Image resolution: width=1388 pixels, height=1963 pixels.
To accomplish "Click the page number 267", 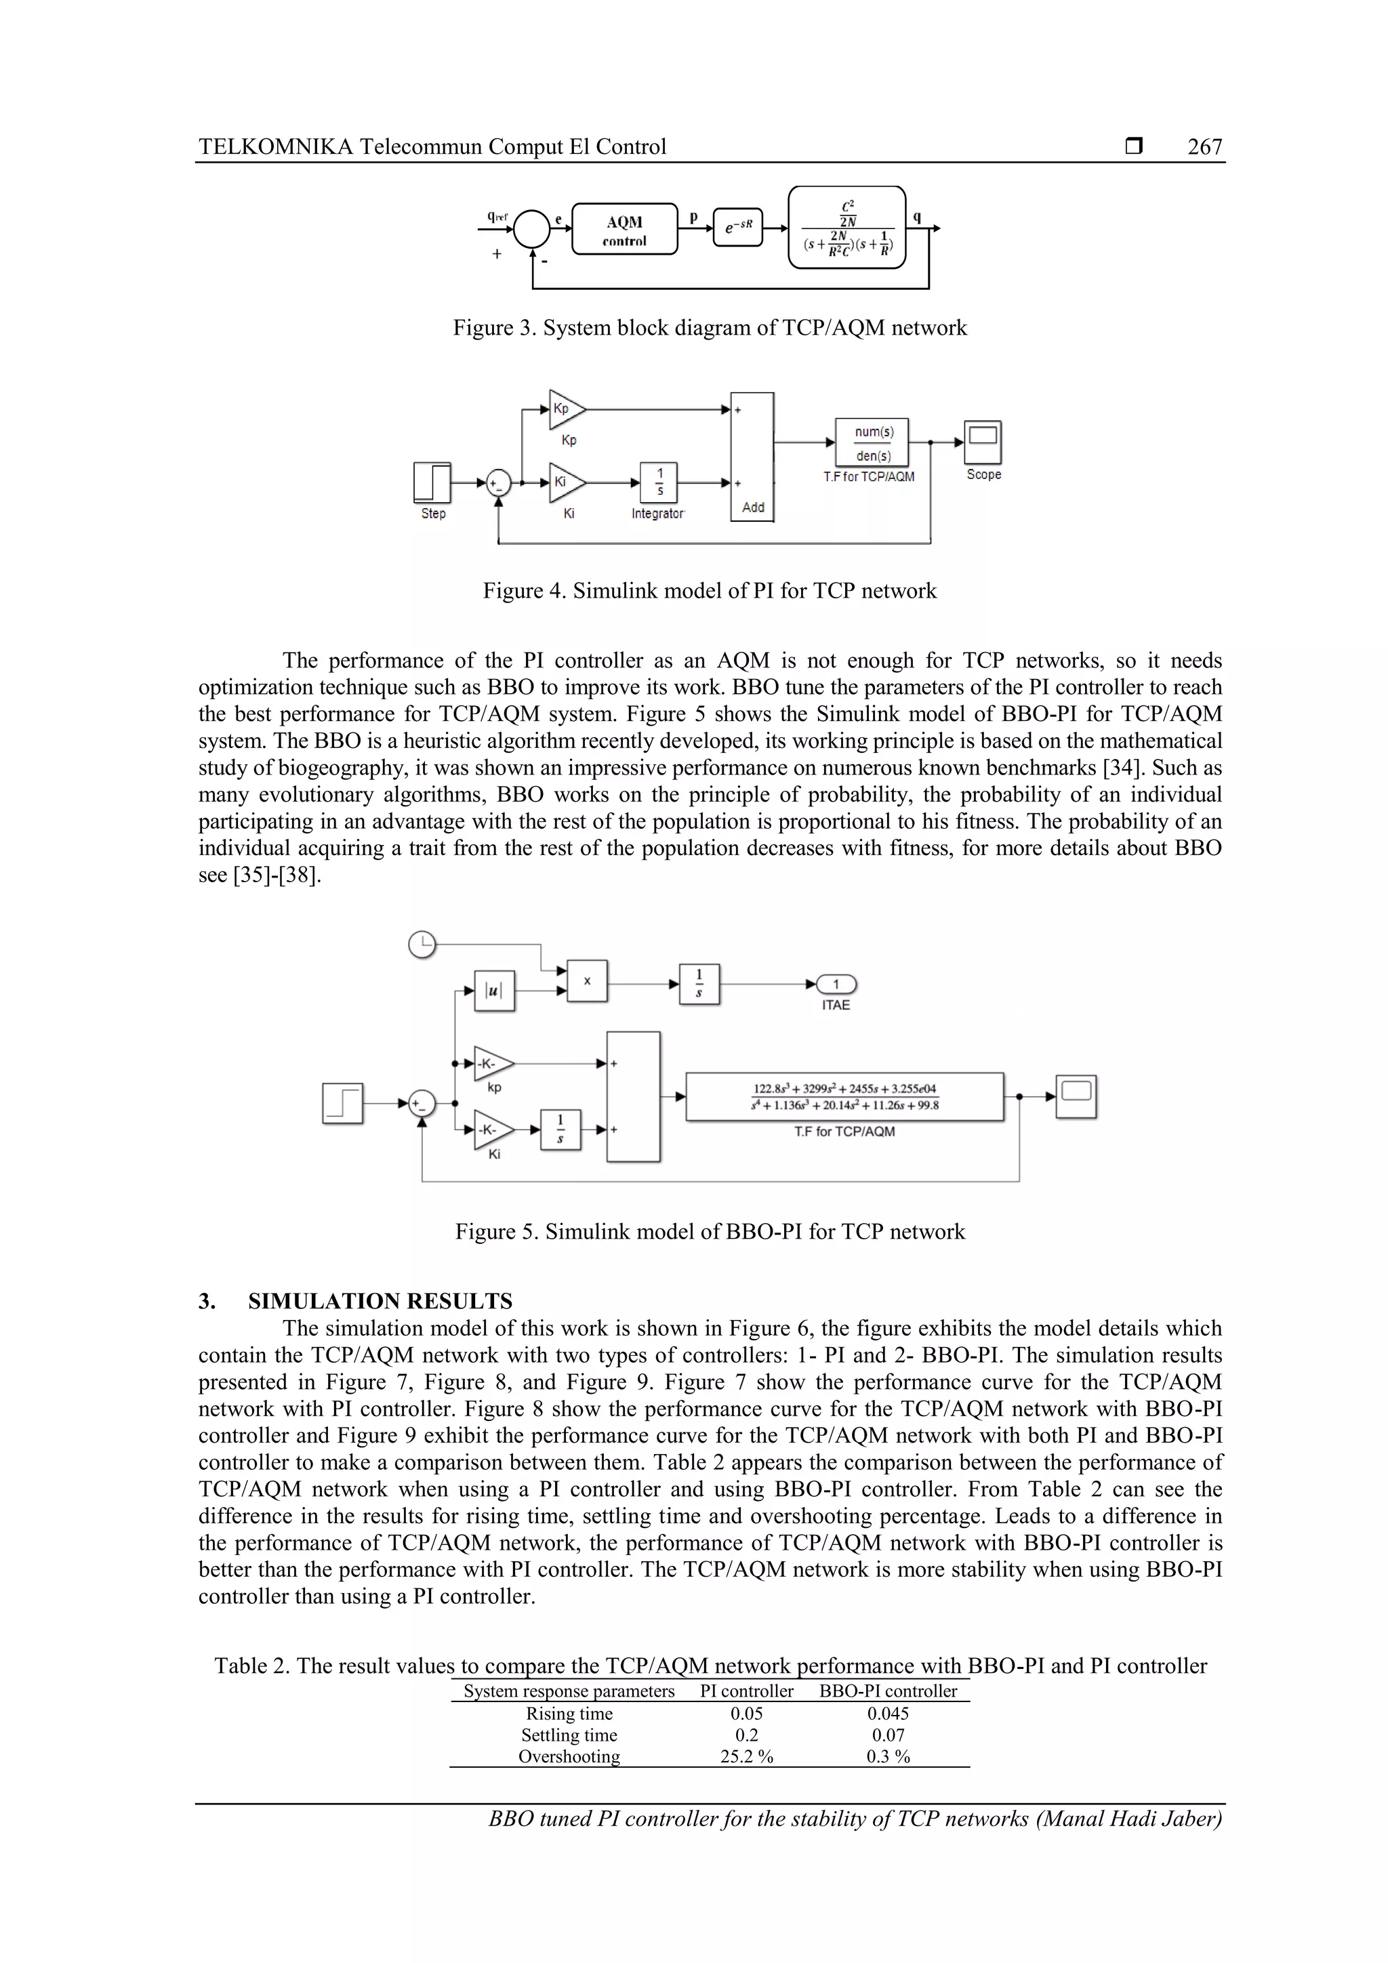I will [1204, 147].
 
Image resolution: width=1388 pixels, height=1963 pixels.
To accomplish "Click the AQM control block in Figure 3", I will [624, 229].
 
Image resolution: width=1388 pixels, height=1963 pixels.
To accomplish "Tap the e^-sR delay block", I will [737, 228].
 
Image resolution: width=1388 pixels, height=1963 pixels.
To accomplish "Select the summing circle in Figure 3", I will [532, 228].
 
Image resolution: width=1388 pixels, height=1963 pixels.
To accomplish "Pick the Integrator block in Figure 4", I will [659, 483].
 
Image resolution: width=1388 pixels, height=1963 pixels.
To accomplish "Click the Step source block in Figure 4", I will [433, 482].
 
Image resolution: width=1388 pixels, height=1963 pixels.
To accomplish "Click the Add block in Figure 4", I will [752, 457].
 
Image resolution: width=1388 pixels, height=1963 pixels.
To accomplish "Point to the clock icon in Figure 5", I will [422, 945].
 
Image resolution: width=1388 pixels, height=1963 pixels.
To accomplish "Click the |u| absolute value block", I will [494, 991].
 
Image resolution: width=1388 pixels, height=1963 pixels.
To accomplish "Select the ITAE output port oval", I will [836, 984].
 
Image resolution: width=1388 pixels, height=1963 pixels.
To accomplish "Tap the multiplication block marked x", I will [587, 981].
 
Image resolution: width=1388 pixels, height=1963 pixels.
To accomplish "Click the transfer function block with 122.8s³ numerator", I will [845, 1096].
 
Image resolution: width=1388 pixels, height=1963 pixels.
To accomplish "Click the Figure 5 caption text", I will [709, 1231].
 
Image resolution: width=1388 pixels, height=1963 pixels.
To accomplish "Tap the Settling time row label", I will [569, 1735].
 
